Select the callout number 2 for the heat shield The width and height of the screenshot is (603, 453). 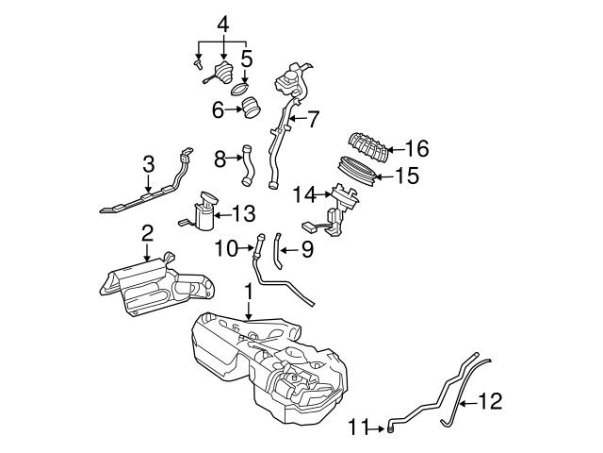pos(147,232)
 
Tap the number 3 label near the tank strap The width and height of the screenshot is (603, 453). pos(148,164)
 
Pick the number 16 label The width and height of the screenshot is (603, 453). pos(416,147)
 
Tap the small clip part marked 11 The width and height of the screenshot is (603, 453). pos(388,429)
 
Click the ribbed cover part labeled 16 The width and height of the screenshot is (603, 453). pos(370,149)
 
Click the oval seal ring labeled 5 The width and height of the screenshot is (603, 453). pos(241,91)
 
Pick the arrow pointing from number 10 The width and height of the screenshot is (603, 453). pos(244,249)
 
